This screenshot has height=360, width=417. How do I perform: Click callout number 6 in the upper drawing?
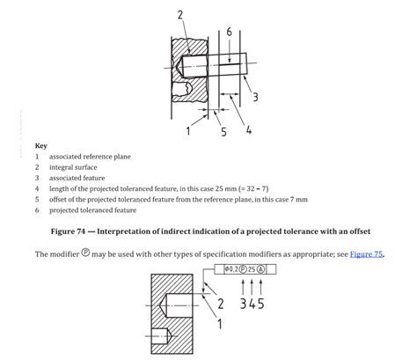pos(229,32)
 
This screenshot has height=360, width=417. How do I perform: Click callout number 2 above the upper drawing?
pos(180,15)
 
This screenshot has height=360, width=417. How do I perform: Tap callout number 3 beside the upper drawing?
pos(255,97)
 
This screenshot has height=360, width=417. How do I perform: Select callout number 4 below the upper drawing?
pos(249,129)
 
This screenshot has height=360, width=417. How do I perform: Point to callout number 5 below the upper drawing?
pos(223,132)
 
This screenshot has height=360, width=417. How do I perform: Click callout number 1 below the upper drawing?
pos(188,131)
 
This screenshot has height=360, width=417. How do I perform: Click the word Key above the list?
pos(41,146)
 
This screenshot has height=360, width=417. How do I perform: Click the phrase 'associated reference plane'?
pos(90,157)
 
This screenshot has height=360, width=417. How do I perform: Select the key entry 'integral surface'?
pos(73,167)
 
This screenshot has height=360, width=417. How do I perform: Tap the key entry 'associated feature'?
pos(77,178)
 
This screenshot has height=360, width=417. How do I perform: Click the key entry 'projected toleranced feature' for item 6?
pos(92,210)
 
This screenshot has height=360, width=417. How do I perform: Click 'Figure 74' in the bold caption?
pos(68,231)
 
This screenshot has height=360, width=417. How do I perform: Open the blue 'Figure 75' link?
pos(366,254)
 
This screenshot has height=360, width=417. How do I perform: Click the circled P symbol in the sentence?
pos(85,253)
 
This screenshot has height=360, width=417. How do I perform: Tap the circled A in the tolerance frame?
pos(260,269)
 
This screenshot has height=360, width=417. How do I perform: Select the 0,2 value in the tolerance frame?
pos(233,269)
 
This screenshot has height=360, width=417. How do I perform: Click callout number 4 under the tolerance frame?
pos(252,304)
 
